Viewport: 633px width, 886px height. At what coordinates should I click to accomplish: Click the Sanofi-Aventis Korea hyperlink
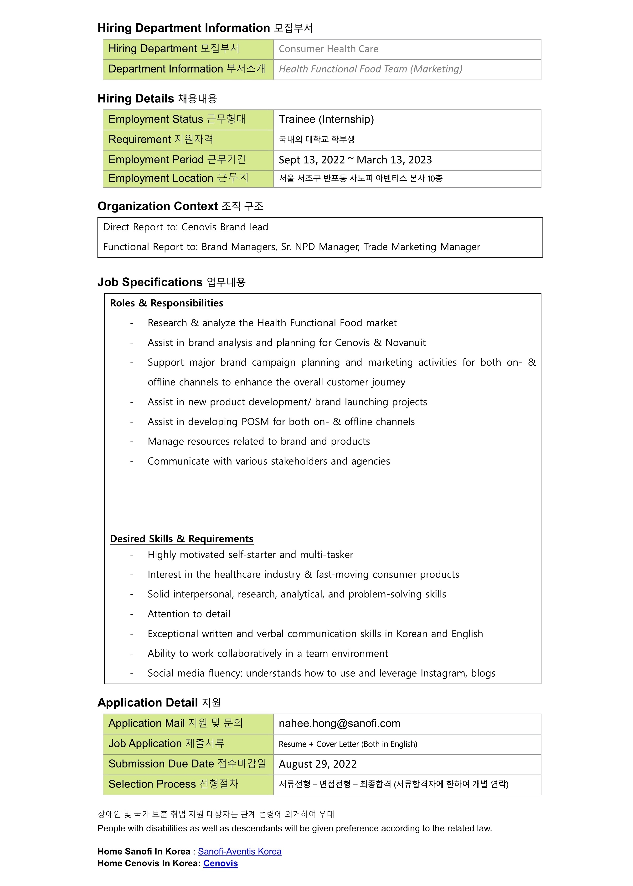point(239,851)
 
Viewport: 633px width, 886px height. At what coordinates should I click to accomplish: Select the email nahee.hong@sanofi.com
point(339,723)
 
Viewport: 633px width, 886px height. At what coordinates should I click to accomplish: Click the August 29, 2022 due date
point(317,764)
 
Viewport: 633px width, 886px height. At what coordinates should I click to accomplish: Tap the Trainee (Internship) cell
point(326,119)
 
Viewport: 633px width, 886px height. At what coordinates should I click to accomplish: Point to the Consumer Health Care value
point(328,49)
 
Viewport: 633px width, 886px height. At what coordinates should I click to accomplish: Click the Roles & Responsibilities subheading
point(166,303)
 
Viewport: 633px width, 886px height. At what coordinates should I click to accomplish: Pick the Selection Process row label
point(173,784)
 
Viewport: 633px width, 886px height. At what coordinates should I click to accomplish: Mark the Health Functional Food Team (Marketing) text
point(370,69)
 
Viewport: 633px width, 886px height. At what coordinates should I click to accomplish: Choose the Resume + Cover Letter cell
point(348,744)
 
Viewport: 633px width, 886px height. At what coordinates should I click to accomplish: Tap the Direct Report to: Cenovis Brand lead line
point(185,227)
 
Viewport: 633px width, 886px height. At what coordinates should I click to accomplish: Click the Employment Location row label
point(178,179)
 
